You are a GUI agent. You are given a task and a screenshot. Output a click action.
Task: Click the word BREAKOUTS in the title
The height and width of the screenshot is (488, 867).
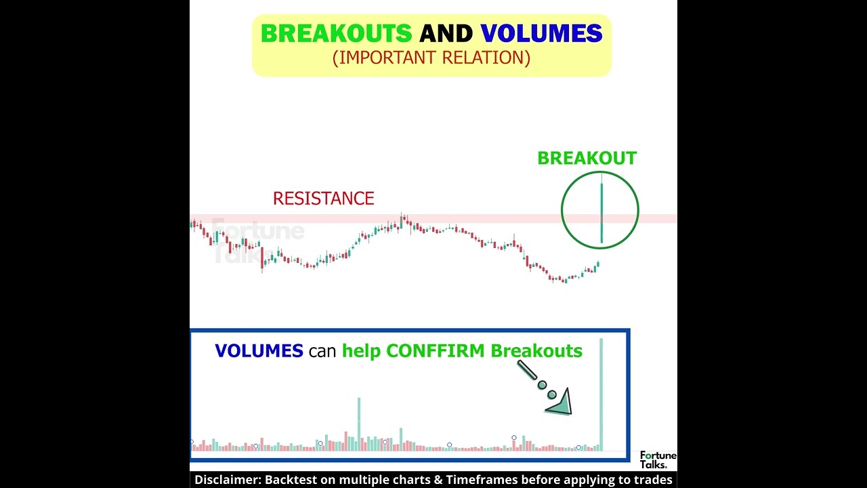click(x=336, y=34)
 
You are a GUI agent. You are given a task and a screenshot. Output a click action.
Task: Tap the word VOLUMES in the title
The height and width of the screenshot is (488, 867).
click(x=541, y=34)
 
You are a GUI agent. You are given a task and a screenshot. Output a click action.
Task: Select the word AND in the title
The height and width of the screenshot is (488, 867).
click(x=446, y=34)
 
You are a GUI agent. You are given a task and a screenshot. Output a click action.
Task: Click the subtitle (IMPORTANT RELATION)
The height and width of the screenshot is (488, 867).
click(x=431, y=58)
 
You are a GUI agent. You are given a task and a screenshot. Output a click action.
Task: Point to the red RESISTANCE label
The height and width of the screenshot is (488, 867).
click(x=323, y=199)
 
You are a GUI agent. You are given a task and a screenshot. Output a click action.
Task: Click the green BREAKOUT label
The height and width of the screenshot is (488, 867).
click(x=587, y=159)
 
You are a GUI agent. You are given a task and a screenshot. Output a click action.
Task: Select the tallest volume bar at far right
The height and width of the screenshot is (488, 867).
click(x=601, y=393)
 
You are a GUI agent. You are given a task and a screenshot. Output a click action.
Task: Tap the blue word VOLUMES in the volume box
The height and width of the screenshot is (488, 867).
click(x=259, y=351)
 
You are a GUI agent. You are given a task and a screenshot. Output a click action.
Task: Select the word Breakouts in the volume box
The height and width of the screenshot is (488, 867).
click(x=536, y=351)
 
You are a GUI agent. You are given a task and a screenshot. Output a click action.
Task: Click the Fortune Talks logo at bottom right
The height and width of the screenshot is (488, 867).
click(x=657, y=460)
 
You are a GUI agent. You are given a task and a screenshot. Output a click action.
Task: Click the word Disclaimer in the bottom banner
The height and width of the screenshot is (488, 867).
click(x=227, y=480)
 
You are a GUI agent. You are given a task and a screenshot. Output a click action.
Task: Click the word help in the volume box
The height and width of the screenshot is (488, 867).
click(x=362, y=351)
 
